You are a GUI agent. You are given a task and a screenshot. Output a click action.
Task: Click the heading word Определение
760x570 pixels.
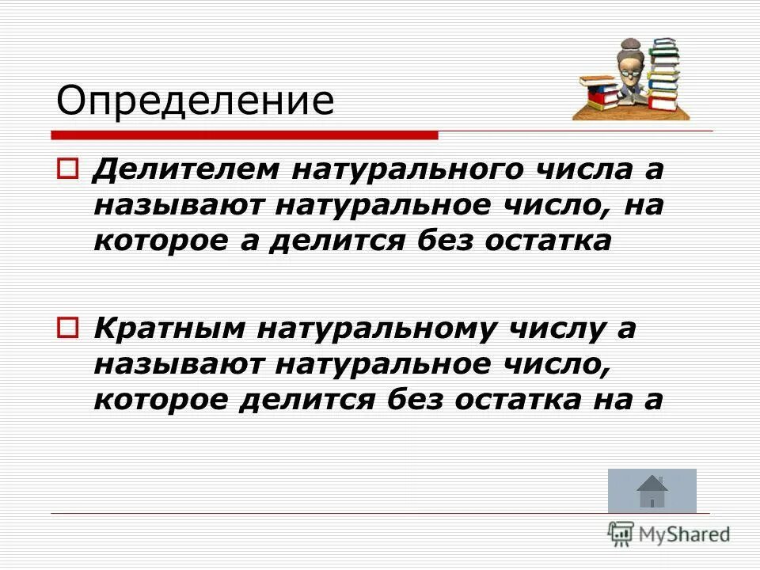(x=195, y=101)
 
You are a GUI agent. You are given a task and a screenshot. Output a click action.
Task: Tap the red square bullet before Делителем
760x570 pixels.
(x=69, y=169)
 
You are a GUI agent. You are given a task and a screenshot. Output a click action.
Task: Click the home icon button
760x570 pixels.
(x=652, y=491)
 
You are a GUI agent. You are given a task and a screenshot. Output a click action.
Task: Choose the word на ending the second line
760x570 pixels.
(x=644, y=206)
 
